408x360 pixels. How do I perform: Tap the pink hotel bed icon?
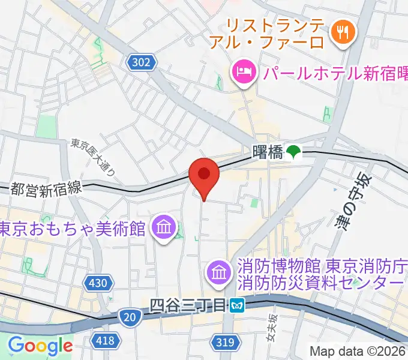coord(243,73)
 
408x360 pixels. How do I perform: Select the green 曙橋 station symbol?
coord(293,153)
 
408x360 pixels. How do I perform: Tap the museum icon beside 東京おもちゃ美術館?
coord(163,228)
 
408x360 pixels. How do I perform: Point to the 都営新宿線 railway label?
coord(46,189)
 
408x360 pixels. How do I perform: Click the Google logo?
coord(40,346)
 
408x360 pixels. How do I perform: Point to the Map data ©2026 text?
coord(358,351)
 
